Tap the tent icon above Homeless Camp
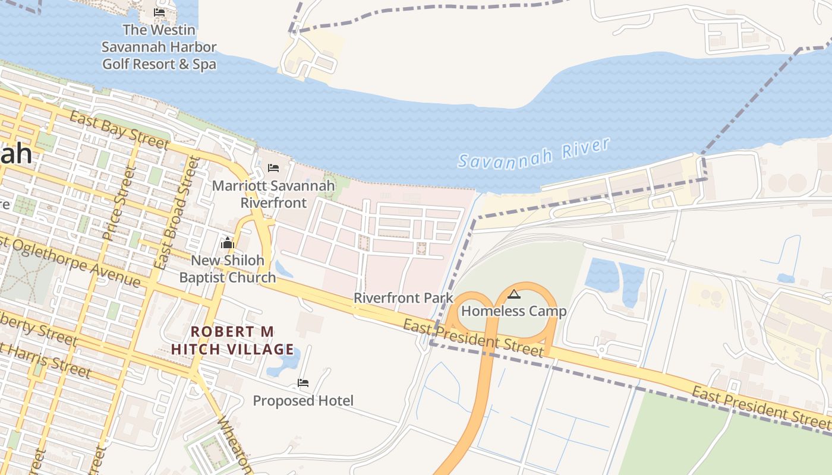point(513,294)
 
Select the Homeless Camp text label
point(513,311)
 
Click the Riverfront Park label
point(403,298)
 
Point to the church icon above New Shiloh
point(228,243)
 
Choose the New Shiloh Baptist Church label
point(228,269)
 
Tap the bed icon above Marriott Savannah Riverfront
point(273,168)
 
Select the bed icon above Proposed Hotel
point(303,383)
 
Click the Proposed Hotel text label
point(303,401)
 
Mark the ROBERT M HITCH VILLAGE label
point(232,340)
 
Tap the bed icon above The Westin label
point(159,12)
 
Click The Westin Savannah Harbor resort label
point(159,47)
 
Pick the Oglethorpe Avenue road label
point(71,262)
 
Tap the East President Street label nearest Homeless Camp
point(473,338)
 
